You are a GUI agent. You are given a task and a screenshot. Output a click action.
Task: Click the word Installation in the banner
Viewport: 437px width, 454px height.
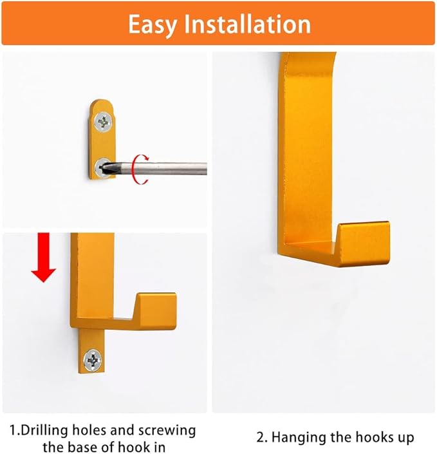248,24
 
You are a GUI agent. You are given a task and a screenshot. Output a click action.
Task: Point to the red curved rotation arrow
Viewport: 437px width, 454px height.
137,169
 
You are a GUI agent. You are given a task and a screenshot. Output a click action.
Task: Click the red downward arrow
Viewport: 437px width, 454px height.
44,258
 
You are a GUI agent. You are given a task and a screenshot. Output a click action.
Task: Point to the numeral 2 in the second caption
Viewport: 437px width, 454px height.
261,438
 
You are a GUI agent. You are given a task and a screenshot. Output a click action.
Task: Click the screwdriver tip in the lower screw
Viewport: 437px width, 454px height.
105,168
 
